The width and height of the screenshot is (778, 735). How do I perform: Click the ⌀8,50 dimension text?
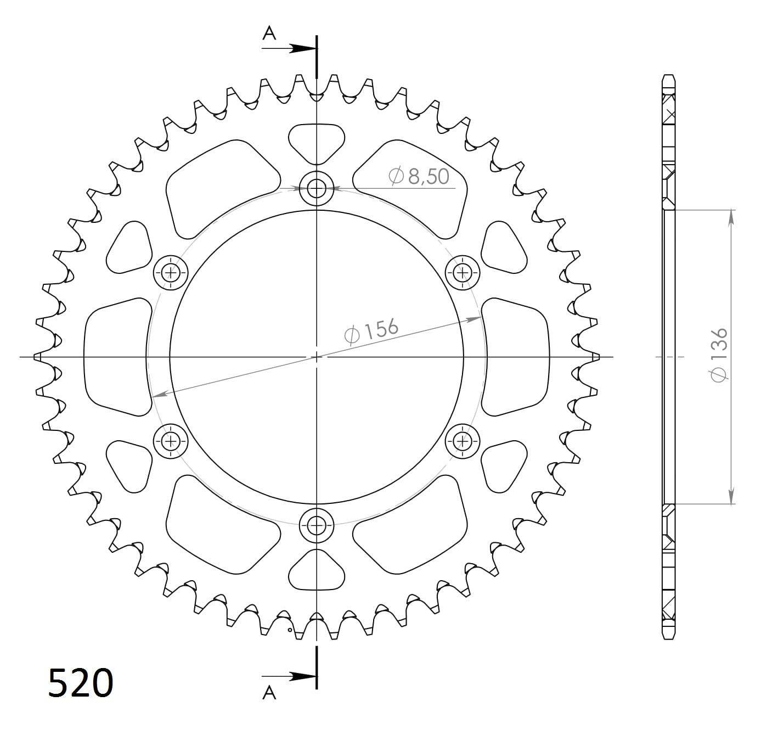pos(419,176)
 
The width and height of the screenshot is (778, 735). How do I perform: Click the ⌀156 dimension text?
pos(371,330)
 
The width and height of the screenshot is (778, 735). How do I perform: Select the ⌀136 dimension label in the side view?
pos(719,355)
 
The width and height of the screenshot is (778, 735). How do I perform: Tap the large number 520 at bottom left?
pos(81,683)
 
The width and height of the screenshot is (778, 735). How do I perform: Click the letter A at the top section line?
pos(269,34)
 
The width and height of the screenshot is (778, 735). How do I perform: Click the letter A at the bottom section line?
pos(269,693)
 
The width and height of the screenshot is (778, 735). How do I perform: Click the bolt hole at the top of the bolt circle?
pos(317,189)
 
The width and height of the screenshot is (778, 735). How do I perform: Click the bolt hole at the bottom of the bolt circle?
pos(317,525)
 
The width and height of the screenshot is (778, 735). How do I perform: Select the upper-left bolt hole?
pos(171,272)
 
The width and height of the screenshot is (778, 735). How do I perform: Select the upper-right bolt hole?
pos(463,272)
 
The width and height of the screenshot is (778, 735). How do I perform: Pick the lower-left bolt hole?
pos(171,441)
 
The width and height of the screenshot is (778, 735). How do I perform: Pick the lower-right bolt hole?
pos(463,441)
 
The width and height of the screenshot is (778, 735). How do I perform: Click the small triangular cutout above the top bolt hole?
pos(317,141)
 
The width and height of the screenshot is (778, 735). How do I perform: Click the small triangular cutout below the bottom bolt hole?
pos(317,572)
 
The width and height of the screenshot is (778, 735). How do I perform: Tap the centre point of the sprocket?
pos(317,357)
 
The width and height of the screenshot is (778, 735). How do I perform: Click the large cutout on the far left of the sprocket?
pos(116,357)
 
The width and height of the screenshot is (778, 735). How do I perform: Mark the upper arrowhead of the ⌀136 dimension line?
pos(731,216)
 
